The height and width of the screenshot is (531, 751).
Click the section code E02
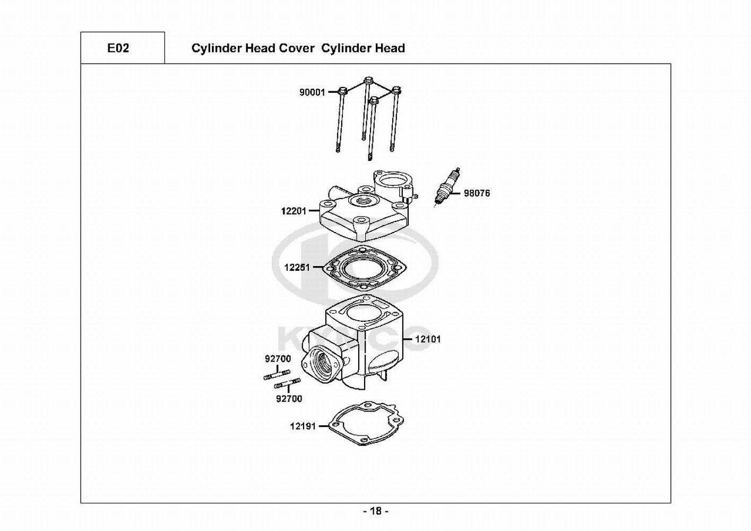point(118,48)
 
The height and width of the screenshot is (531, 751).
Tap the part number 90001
point(312,92)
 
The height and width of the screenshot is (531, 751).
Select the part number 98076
point(477,193)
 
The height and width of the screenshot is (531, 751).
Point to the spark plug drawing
point(447,187)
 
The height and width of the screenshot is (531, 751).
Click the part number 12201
point(294,211)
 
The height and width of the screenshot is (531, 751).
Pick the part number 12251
point(297,268)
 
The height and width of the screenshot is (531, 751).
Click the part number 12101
point(428,339)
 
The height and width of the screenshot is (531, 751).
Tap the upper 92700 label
point(278,358)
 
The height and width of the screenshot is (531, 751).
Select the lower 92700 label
point(289,398)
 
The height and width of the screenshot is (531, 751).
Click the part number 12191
point(303,426)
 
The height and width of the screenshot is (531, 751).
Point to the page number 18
point(376,511)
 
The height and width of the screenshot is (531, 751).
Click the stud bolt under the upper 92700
point(277,375)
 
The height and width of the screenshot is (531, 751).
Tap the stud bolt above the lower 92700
point(288,383)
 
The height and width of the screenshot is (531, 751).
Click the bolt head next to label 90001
point(342,91)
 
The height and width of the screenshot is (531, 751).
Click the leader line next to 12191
point(324,426)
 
